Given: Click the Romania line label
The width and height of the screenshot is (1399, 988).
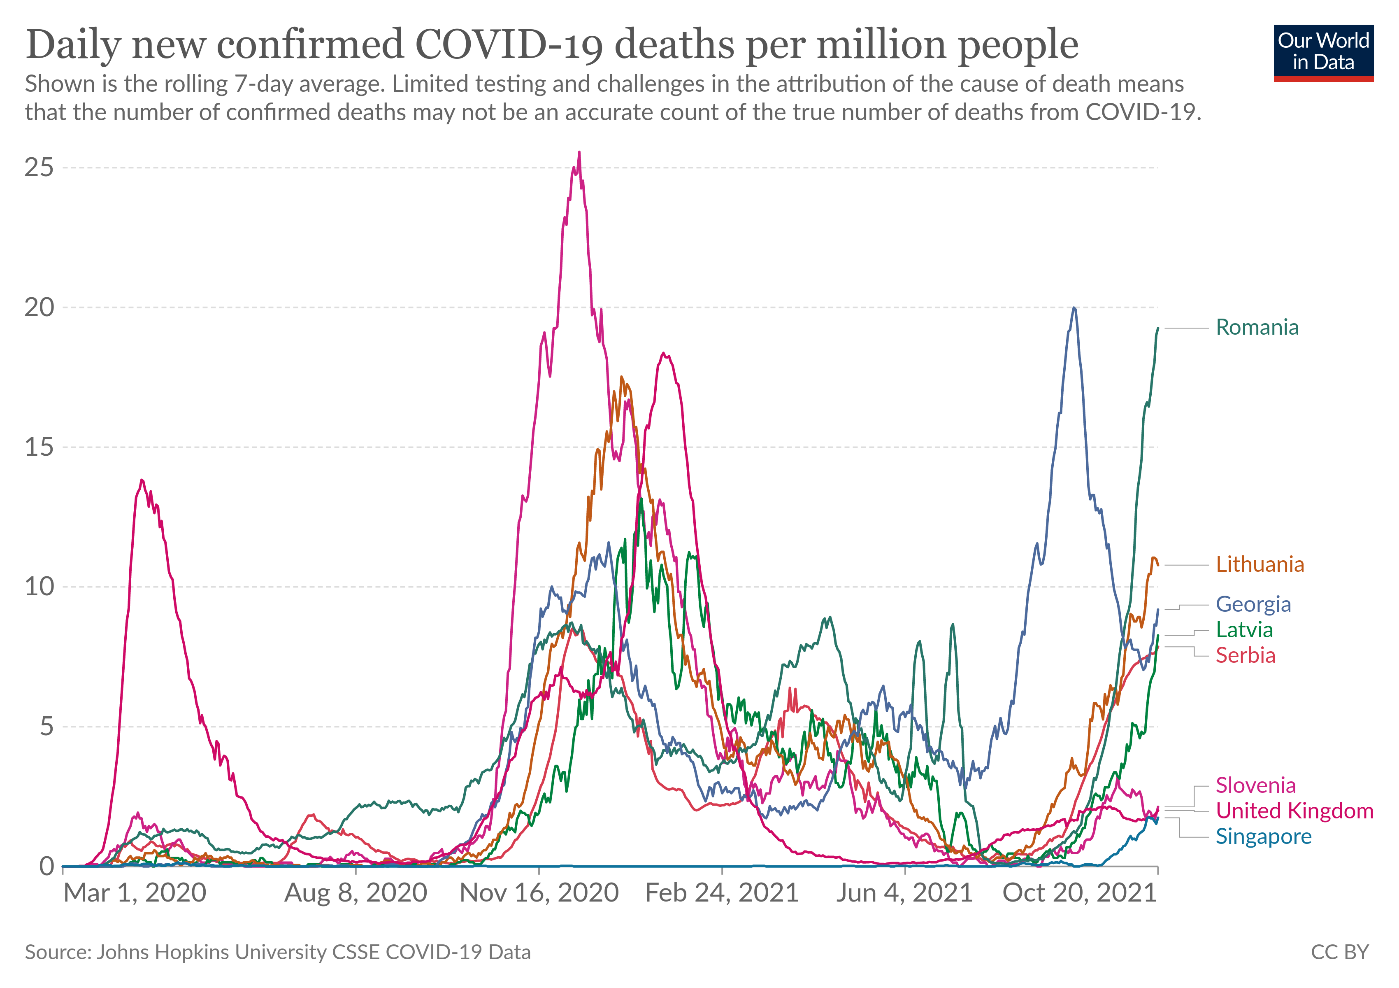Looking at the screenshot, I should tap(1257, 327).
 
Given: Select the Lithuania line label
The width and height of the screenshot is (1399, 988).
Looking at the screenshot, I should tap(1260, 564).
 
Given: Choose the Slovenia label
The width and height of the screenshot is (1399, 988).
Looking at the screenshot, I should tap(1255, 785).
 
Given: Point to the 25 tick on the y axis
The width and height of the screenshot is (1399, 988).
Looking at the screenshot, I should tap(39, 168).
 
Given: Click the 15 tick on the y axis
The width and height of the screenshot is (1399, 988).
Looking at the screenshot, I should tap(39, 447).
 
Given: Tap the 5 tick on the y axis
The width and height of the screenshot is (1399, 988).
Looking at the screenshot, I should tap(46, 727).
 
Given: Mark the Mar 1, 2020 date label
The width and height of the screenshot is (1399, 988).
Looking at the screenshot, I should tap(135, 893).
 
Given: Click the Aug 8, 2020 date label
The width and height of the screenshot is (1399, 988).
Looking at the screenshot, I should tap(356, 893).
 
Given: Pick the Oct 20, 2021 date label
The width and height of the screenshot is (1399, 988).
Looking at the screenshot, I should tap(1079, 893).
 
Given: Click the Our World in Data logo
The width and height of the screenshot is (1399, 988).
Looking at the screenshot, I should tap(1323, 52).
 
